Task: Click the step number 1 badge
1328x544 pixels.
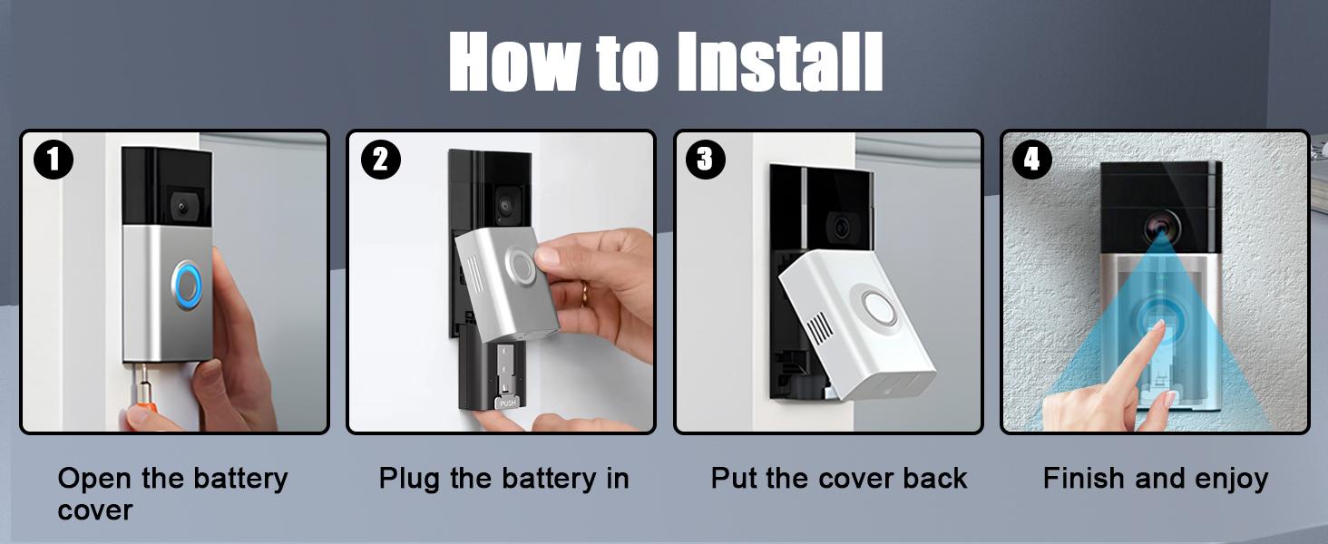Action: [x=53, y=160]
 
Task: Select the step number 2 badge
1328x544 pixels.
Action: [x=380, y=160]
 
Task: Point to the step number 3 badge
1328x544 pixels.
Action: [x=706, y=160]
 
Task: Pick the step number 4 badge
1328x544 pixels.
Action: [x=1032, y=160]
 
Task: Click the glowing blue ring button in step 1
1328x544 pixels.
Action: [x=188, y=285]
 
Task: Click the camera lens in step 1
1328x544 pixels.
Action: [x=181, y=208]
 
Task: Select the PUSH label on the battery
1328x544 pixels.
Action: [x=507, y=403]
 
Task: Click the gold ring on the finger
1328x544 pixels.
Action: [x=585, y=293]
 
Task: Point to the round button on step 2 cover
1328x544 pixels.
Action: [x=523, y=266]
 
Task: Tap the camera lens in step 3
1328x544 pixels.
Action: [x=842, y=227]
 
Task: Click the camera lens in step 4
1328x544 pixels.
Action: [x=1160, y=223]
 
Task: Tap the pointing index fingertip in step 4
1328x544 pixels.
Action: [x=1158, y=326]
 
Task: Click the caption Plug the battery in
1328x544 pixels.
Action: [x=503, y=479]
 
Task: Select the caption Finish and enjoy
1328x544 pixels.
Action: [x=1155, y=479]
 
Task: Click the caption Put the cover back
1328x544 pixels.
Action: [x=838, y=479]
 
